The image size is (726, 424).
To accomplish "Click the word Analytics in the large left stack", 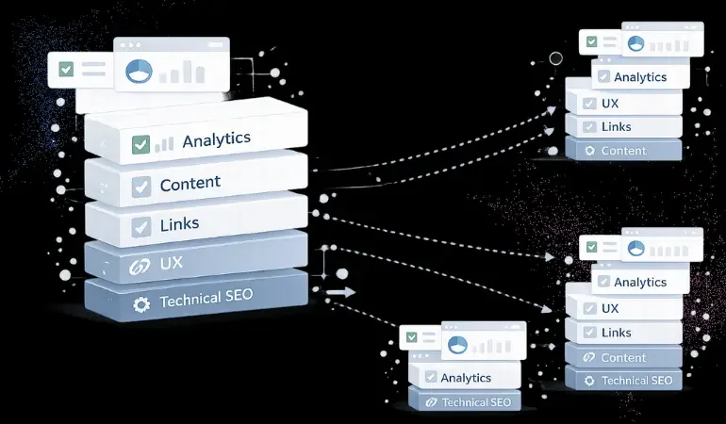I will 216,140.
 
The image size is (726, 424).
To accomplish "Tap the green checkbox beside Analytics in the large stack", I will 140,144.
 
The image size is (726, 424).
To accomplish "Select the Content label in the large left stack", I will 190,184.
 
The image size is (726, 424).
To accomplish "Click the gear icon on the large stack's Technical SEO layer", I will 141,304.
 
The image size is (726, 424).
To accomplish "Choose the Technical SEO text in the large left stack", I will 206,302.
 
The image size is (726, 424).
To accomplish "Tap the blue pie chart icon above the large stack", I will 139,71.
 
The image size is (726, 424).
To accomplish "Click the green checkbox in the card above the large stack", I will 67,69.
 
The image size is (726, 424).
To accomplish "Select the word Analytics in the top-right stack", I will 640,77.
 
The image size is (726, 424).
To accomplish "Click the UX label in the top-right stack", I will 610,102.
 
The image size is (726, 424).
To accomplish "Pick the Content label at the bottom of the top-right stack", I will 623,151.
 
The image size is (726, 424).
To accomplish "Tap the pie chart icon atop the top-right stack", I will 635,42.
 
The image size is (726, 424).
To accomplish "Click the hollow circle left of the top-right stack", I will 555,59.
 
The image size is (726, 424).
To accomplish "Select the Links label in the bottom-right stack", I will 616,333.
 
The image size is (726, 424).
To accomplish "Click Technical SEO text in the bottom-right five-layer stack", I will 636,381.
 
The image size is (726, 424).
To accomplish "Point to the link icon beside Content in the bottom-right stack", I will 589,358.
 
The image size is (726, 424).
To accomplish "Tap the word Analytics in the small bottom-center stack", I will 466,378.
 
